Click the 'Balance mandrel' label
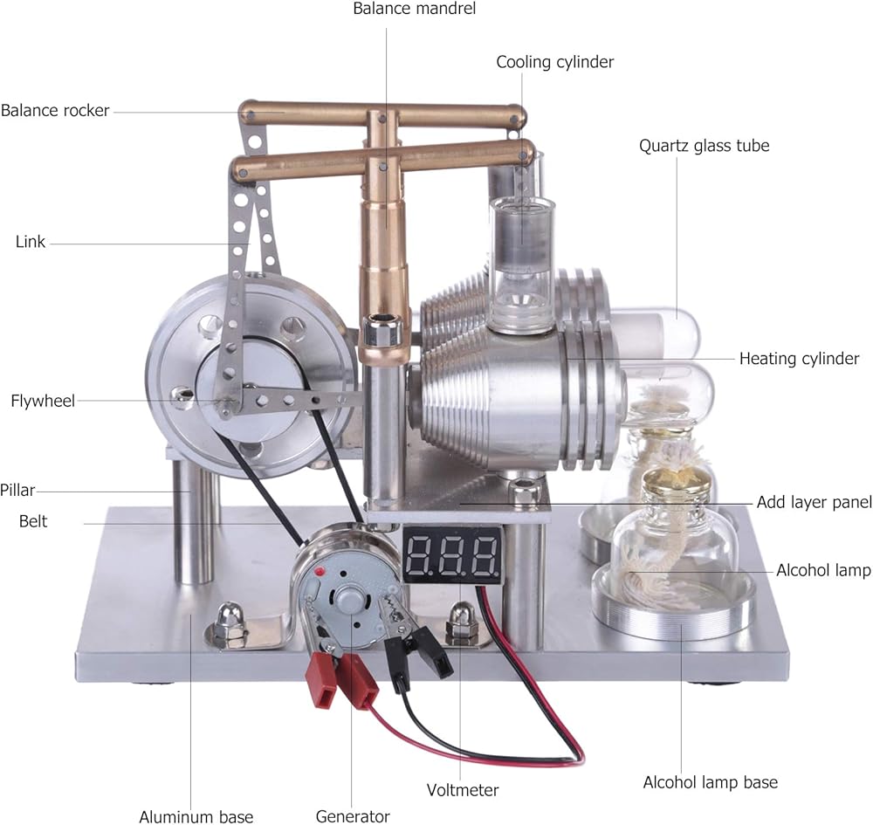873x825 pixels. click(414, 9)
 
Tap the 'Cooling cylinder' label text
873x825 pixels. click(555, 62)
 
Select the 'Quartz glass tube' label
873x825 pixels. click(705, 146)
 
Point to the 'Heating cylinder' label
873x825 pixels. click(799, 359)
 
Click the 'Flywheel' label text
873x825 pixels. click(43, 401)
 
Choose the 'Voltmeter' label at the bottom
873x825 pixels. click(463, 790)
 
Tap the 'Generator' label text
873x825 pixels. click(353, 816)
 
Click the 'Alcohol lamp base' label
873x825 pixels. click(711, 782)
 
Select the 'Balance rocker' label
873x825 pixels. click(55, 110)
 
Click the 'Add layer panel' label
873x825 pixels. click(814, 503)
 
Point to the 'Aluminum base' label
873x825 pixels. click(196, 816)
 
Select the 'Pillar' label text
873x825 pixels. click(17, 491)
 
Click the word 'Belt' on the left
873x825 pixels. click(33, 521)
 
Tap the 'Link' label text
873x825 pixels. click(30, 242)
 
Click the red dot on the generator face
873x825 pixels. click(320, 572)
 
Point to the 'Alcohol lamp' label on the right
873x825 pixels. click(823, 570)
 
